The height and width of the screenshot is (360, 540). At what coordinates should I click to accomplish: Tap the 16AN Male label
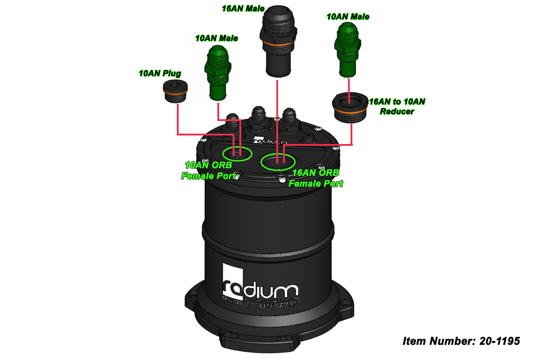[243, 9]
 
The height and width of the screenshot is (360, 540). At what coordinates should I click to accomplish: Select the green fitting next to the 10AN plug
[218, 74]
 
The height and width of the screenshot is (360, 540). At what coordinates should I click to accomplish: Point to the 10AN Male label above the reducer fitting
[348, 17]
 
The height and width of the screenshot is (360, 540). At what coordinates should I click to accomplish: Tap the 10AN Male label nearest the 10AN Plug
[216, 38]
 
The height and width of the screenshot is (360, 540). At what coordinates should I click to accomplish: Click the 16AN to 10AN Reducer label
[396, 106]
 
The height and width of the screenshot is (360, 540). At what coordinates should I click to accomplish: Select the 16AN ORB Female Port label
[315, 178]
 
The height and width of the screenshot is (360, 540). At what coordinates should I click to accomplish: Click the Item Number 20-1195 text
[461, 341]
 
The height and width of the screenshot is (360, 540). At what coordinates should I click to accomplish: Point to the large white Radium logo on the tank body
[260, 285]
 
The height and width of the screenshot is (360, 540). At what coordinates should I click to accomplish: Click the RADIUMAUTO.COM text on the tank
[261, 305]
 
